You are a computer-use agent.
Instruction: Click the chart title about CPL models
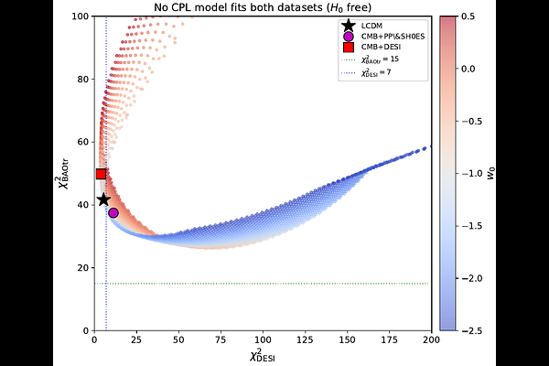coord(263,8)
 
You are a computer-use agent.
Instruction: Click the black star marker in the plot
coord(103,199)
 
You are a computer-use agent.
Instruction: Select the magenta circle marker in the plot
coord(113,212)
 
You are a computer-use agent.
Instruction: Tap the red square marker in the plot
coord(101,174)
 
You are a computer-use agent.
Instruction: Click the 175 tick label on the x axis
coord(390,340)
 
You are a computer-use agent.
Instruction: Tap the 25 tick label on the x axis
coord(136,340)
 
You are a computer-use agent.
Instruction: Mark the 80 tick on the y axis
coord(83,80)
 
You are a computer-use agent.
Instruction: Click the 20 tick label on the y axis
coord(83,267)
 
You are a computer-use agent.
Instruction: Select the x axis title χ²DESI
coord(263,355)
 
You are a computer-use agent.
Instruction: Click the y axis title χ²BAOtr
coord(65,173)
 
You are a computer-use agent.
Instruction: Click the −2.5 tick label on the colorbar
coord(468,329)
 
